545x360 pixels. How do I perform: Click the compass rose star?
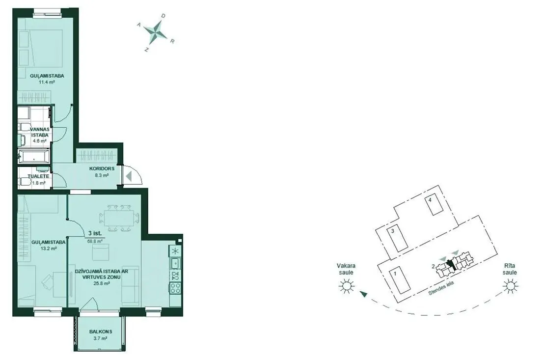pos(155,32)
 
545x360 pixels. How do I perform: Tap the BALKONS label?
pos(101,332)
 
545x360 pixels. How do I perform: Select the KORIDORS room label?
pos(102,168)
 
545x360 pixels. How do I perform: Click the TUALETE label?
pos(39,176)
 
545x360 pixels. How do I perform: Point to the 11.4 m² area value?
pos(47,83)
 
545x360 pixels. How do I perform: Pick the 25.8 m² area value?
pos(102,283)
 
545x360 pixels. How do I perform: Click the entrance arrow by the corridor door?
pos(129,176)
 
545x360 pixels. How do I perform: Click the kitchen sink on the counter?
pos(175,263)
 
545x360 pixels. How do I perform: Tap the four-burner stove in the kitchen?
pos(175,288)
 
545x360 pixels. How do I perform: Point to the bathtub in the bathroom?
pos(34,157)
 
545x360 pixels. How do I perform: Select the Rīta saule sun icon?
pos(511,287)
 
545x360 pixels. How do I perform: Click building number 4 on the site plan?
pos(430,200)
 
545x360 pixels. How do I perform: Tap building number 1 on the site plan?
pos(395,274)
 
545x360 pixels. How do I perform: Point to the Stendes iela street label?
pos(441,288)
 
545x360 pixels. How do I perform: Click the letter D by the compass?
pos(163,16)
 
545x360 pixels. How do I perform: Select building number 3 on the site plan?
pos(392,231)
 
